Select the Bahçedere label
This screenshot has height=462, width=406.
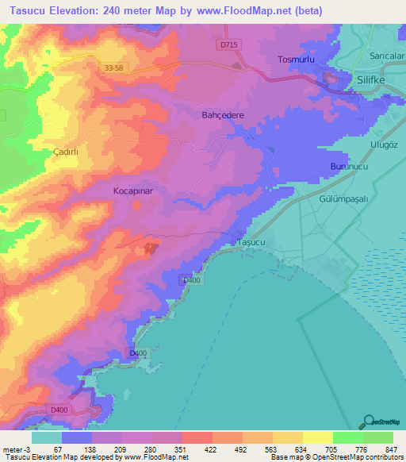tap(222, 115)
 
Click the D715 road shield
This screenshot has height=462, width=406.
tap(229, 45)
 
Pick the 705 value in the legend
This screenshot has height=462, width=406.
tap(316, 449)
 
